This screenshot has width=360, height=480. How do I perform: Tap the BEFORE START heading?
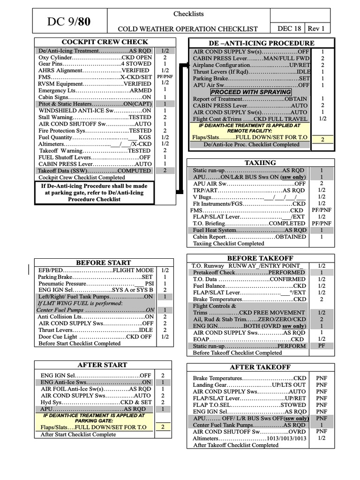104,262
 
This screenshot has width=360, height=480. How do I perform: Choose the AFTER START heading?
102,365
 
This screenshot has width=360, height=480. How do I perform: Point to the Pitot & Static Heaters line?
95,104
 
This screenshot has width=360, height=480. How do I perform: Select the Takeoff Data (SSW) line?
95,171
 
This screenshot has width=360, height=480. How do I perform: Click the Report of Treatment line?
250,99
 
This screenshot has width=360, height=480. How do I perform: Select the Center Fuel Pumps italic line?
96,310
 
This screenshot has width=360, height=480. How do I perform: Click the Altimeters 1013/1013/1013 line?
250,438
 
